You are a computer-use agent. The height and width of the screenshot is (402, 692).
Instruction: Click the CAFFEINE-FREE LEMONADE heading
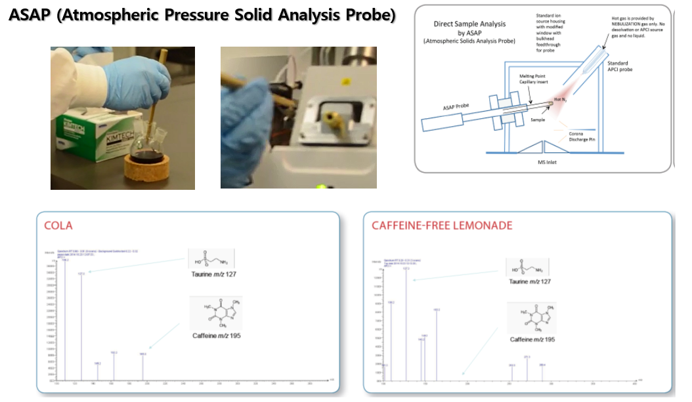click(442, 225)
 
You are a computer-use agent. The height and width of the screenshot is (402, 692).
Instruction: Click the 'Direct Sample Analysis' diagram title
click(469, 24)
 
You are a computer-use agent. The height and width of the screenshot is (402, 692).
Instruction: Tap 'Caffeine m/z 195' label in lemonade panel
click(532, 339)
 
